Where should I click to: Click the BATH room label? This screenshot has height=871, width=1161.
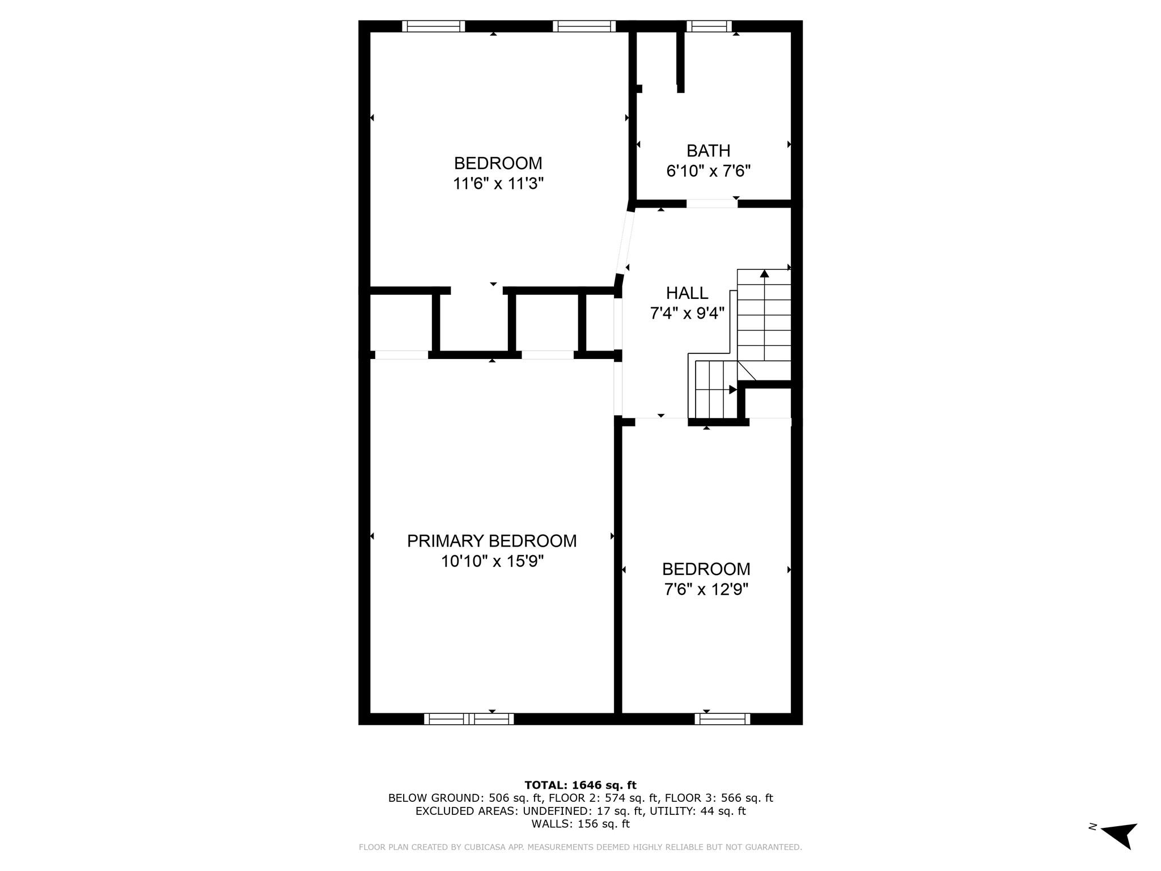coord(708,151)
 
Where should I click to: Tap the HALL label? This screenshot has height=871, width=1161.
coord(687,293)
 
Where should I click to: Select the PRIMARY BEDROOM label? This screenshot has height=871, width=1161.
coord(491,541)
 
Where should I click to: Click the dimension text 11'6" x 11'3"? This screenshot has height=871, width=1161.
coord(498,184)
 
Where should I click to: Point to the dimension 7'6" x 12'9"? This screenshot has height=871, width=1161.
coord(706,590)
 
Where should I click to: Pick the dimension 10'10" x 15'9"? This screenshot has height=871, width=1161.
coord(492,561)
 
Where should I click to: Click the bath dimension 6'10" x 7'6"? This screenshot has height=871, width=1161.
coord(708,171)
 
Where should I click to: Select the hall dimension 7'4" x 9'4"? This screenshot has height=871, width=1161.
coord(687,313)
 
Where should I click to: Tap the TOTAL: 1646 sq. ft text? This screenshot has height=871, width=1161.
coord(580,785)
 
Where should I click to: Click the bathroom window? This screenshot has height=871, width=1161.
coord(709,26)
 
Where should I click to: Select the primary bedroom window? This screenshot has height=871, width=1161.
coord(469,719)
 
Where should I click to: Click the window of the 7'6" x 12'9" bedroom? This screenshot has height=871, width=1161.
coord(722,719)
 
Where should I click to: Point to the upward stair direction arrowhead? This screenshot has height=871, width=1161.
coord(764,274)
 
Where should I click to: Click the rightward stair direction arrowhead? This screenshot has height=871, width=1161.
coord(732,390)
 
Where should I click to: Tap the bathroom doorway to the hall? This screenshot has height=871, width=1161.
coord(712,204)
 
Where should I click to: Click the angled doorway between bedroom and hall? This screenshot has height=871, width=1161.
coord(624,243)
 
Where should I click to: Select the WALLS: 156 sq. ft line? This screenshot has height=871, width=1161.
coord(580,824)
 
